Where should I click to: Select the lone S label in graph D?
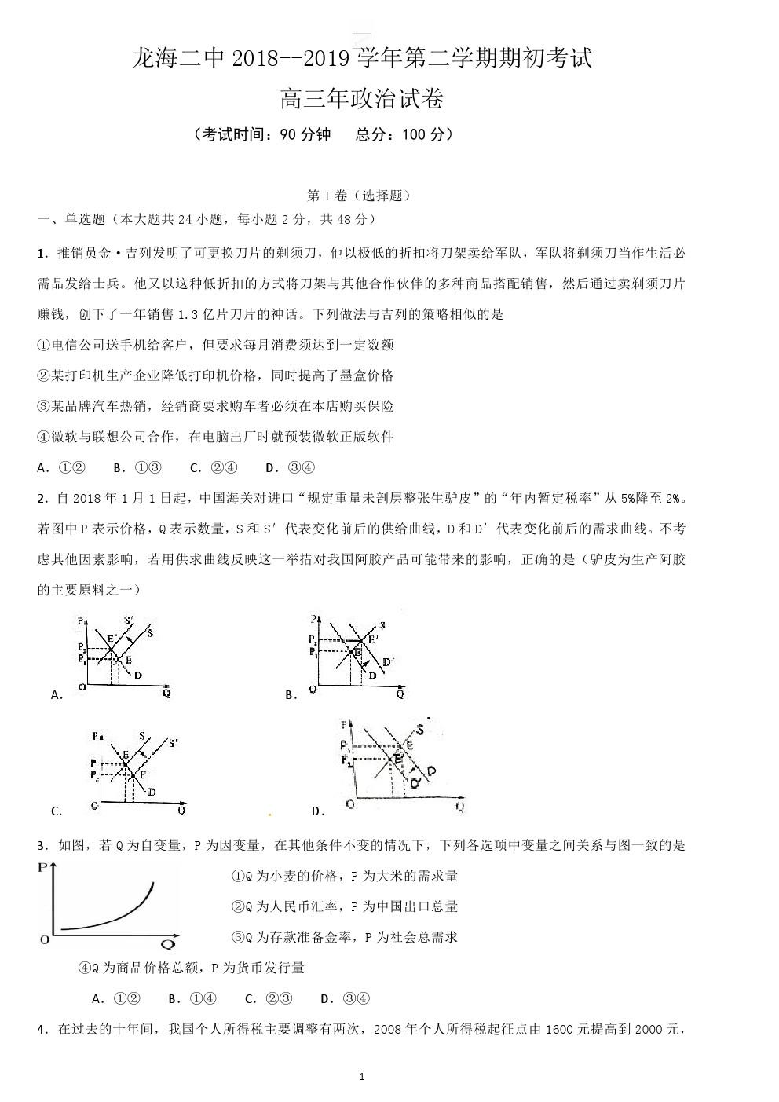click(420, 730)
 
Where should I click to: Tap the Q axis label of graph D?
click(459, 805)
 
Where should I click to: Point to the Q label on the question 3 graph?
click(167, 943)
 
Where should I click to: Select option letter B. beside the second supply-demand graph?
click(291, 694)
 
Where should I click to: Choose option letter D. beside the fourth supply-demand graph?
click(318, 811)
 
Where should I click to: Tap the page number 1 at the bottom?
click(361, 1076)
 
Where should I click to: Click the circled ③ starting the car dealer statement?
click(44, 406)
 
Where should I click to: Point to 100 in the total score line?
click(414, 134)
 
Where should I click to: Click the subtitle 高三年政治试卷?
click(361, 99)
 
